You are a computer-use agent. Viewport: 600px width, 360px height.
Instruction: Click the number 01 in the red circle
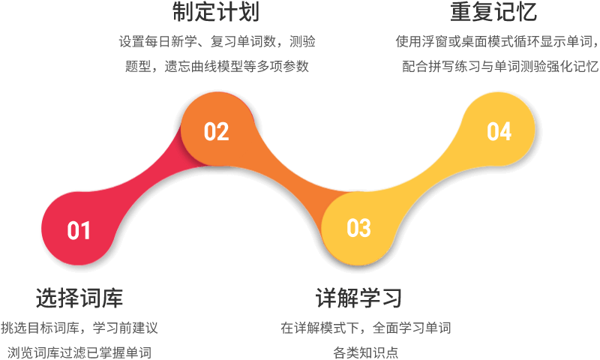click(79, 230)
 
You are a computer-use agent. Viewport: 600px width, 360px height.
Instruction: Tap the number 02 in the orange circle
click(216, 131)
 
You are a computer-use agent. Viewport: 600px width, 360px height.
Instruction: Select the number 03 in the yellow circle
click(358, 228)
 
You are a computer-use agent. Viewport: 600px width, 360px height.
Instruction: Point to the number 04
click(499, 131)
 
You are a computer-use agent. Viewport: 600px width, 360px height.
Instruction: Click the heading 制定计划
click(216, 11)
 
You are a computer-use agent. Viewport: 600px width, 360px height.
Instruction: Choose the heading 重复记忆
click(493, 11)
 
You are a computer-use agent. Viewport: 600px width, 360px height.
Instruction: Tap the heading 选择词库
click(79, 298)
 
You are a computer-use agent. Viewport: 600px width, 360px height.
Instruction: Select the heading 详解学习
click(358, 298)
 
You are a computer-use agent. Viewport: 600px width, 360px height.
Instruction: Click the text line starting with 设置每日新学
click(217, 41)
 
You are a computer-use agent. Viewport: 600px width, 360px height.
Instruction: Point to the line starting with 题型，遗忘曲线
click(217, 66)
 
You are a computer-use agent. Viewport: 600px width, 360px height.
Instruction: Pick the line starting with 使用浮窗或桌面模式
click(496, 41)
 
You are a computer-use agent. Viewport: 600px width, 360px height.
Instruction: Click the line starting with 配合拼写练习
click(500, 66)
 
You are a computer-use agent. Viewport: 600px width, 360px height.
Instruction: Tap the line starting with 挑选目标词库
click(79, 328)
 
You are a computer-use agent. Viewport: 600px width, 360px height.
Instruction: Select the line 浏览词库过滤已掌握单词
click(79, 352)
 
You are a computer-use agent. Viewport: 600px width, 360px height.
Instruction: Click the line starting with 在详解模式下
click(366, 328)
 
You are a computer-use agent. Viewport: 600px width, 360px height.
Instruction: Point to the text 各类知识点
click(366, 352)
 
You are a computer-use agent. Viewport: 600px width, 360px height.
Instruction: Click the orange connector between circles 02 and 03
click(291, 172)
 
